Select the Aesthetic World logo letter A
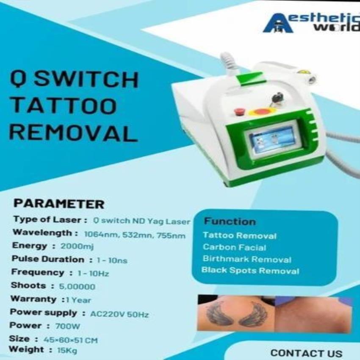278,23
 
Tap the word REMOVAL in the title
73,132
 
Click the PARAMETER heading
59,204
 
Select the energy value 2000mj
77,246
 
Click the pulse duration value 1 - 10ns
112,260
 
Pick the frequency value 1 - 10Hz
93,274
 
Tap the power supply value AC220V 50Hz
119,314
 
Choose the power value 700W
68,326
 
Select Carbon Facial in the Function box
234,247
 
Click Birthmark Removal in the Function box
247,259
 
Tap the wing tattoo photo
236,313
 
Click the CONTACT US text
306,353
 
